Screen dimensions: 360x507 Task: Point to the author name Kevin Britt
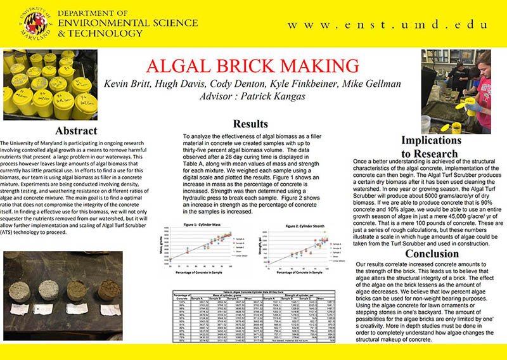pos(131,86)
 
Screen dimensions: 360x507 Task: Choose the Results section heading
pos(254,124)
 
